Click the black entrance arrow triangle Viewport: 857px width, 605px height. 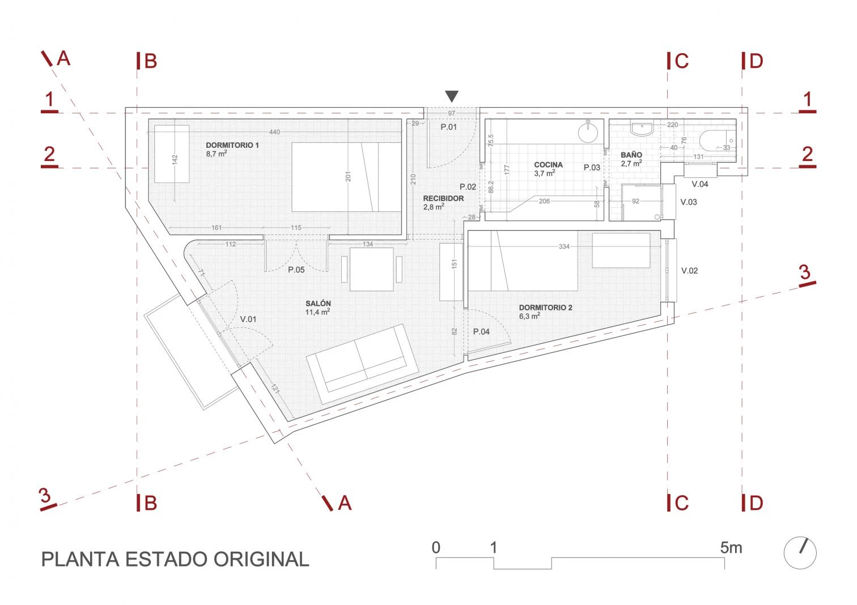(452, 96)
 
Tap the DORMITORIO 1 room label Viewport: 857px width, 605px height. (232, 146)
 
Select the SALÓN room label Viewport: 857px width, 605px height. (318, 303)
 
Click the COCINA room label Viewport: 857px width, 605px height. (548, 165)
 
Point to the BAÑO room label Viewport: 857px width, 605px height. (631, 155)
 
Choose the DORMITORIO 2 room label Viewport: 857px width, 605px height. (546, 308)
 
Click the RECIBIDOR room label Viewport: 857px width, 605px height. (443, 198)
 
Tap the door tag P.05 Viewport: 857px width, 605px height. (296, 270)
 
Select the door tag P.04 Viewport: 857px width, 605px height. (481, 331)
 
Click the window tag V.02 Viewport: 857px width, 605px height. (689, 271)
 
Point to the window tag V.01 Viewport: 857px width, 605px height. (248, 319)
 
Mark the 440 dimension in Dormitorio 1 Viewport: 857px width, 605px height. (274, 132)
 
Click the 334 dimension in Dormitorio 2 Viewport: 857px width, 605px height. (564, 246)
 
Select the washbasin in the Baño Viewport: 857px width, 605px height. (642, 129)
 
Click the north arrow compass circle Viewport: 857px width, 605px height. (800, 553)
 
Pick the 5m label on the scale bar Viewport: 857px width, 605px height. (731, 548)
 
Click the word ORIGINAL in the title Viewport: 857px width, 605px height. (261, 560)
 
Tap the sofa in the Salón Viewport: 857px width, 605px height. (362, 364)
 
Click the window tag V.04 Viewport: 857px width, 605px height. (700, 184)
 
